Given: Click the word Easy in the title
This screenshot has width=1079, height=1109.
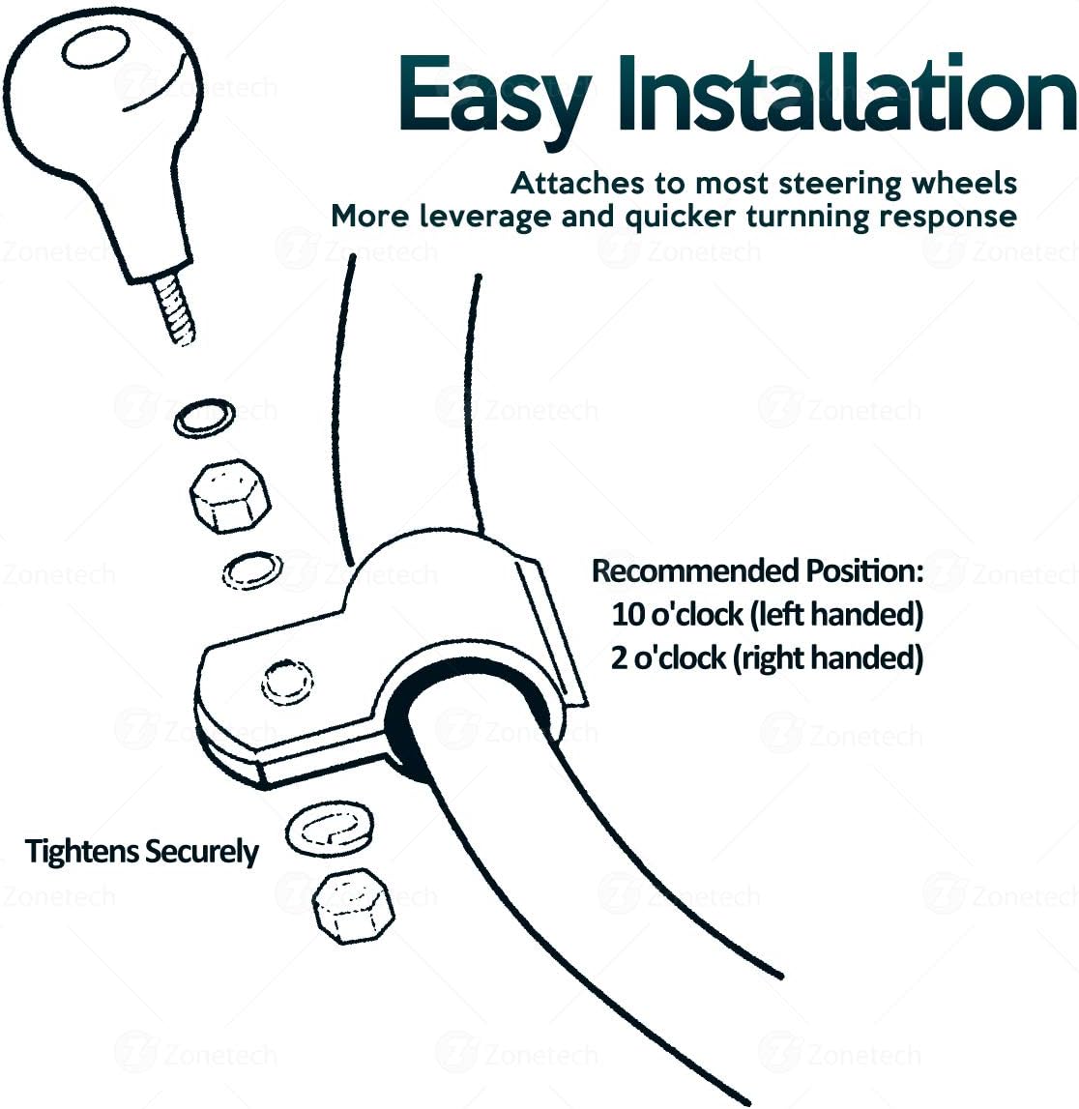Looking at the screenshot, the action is coord(493,99).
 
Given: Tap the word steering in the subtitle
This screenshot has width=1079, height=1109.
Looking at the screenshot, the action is coord(840,185).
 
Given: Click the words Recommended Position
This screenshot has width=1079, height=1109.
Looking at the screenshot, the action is coord(757,570).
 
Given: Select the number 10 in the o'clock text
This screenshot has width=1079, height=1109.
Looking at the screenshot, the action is coord(627,615).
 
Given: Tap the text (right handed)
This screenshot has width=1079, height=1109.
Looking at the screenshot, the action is coord(828,658).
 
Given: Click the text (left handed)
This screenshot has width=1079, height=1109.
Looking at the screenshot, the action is coord(835,615).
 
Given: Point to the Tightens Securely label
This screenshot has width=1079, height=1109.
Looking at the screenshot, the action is coord(141,852).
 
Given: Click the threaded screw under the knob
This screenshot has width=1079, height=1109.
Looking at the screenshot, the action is coord(174,309).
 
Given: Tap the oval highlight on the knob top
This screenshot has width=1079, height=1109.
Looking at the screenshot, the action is coord(95,48).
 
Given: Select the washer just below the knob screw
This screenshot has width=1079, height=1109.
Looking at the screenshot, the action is coord(204,418).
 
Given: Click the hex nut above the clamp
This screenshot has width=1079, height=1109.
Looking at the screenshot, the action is coord(230,496).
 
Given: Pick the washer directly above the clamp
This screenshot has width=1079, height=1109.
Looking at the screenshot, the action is coord(252,570).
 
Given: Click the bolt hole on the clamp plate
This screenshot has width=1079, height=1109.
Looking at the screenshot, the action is coord(287,683).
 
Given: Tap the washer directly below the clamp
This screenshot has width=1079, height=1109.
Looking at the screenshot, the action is coord(330,829).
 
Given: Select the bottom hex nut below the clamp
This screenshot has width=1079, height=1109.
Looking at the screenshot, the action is coord(353,906).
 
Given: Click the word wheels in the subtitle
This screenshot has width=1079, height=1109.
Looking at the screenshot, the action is coord(965,183).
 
